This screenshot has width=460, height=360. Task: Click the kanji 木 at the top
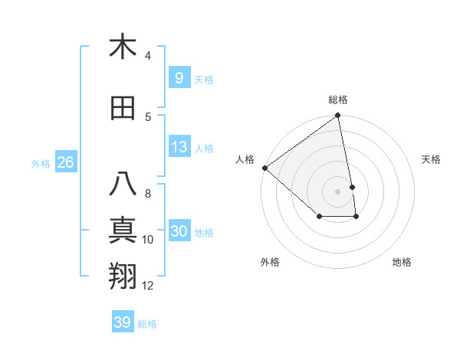point(123,47)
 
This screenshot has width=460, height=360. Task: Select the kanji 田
point(123,109)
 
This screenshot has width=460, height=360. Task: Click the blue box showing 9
point(179,77)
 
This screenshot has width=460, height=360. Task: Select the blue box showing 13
point(179,147)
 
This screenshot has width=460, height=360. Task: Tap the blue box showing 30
point(179,232)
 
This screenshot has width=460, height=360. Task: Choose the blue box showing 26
point(65,162)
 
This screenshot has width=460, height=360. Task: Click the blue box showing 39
point(122,322)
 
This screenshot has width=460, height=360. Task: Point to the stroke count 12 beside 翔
point(148,286)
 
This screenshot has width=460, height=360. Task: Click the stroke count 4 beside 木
point(148,56)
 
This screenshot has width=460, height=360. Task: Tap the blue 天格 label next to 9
point(204,79)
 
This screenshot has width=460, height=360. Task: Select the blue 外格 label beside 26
point(41,164)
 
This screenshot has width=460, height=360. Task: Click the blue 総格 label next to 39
point(147,324)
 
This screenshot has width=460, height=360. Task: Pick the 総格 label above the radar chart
point(338,100)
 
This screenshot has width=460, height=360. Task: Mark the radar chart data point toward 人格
point(264,168)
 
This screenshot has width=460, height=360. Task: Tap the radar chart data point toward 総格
point(337,116)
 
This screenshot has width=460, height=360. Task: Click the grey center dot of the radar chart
point(337,191)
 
